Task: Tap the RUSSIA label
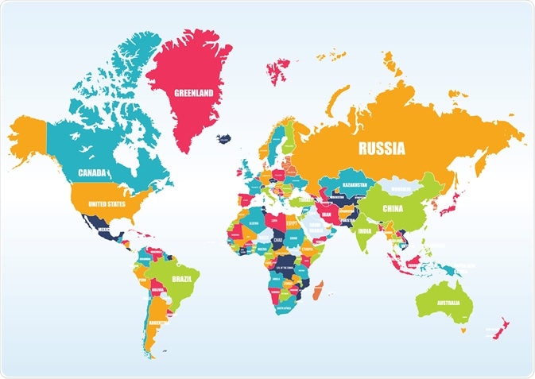coord(382,148)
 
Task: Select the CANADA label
coord(93,172)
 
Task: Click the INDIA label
coord(363,231)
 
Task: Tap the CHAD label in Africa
coord(277,239)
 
